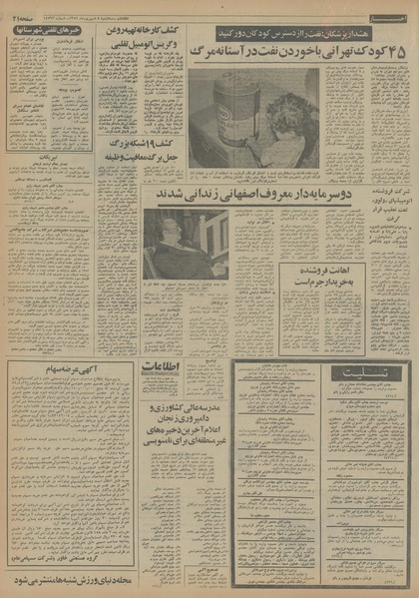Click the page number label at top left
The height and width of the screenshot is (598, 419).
click(x=22, y=9)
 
